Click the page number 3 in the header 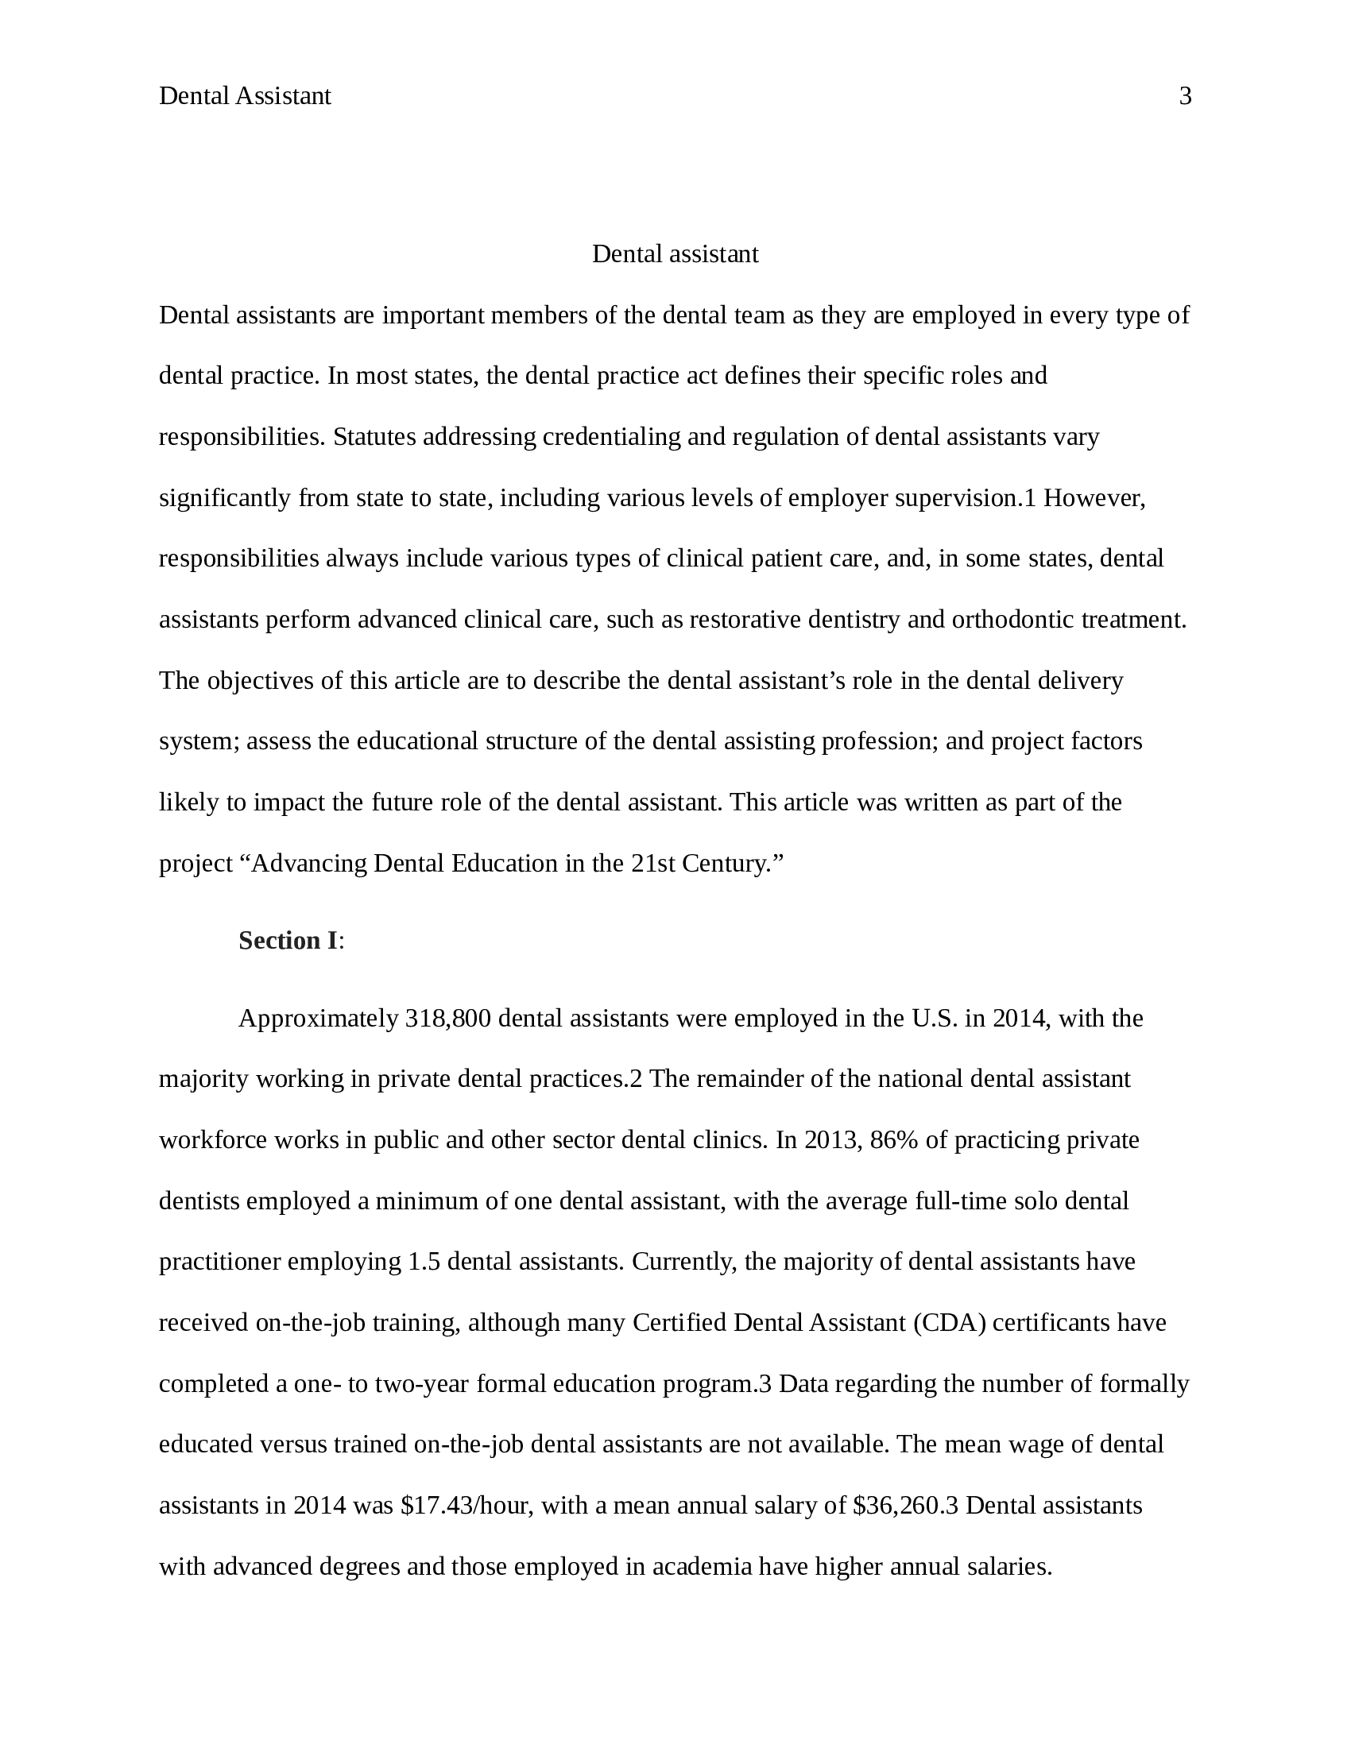pos(1186,97)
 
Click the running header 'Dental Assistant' pos(244,97)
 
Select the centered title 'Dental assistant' pos(675,254)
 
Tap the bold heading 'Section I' pos(288,941)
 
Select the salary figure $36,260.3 pos(905,1506)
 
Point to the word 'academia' pos(702,1566)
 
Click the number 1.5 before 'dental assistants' pos(424,1263)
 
